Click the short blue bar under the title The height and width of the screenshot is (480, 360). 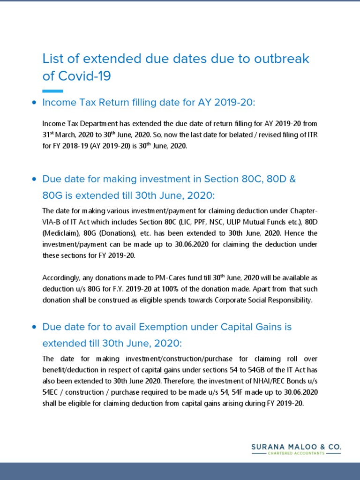click(52, 91)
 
